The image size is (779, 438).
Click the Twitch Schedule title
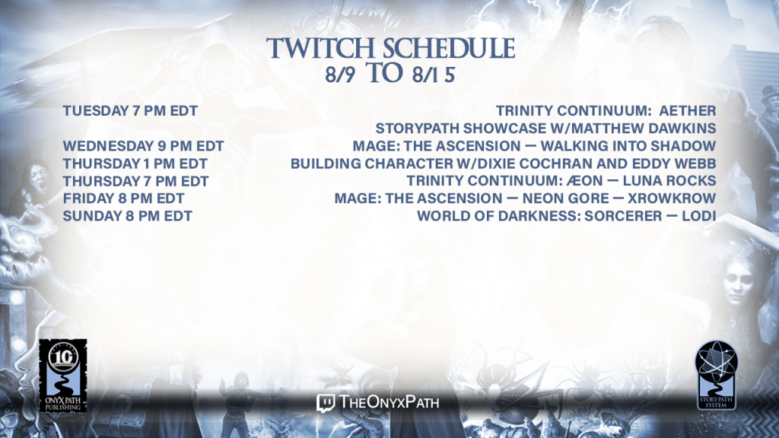(390, 48)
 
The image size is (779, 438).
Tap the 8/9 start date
(340, 75)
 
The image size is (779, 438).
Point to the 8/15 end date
(433, 75)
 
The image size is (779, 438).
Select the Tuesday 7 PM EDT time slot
(130, 111)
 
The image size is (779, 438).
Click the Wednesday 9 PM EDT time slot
(143, 146)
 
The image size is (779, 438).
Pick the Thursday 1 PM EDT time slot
(135, 163)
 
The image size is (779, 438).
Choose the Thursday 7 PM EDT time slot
(135, 181)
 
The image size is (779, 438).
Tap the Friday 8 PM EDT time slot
(123, 198)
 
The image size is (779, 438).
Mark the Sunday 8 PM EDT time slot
(127, 216)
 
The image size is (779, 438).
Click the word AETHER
(688, 111)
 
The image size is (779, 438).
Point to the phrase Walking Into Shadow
(628, 146)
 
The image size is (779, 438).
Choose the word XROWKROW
(672, 198)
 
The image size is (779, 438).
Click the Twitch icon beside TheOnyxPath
(326, 403)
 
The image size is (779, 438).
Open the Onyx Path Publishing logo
(63, 376)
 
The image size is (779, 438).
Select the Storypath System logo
(716, 375)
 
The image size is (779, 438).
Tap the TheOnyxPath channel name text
(389, 401)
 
